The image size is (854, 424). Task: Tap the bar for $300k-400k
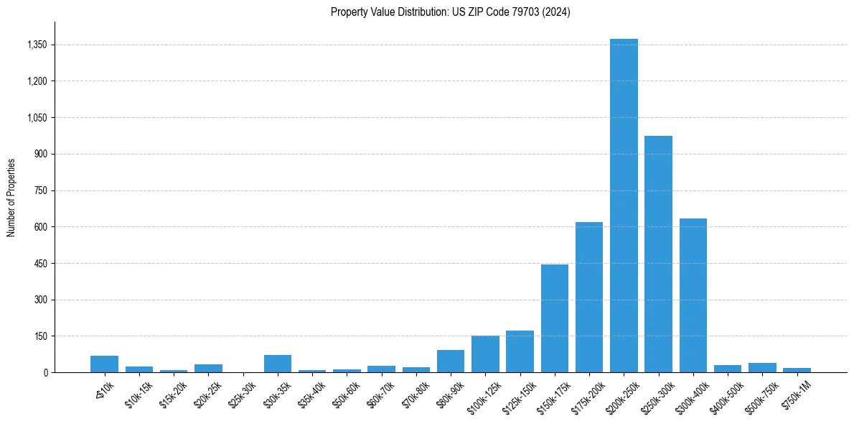(x=693, y=295)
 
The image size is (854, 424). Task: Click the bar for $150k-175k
(x=555, y=318)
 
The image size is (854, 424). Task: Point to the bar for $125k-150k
(x=520, y=351)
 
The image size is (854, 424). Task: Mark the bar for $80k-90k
(x=451, y=361)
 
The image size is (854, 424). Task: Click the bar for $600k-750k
(x=762, y=368)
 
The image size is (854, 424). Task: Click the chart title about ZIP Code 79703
(x=451, y=12)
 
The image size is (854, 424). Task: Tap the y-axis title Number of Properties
(x=11, y=197)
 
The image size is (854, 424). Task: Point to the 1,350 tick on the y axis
(x=37, y=45)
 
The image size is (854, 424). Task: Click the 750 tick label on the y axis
(x=40, y=190)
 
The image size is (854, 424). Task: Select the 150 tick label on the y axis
(x=40, y=336)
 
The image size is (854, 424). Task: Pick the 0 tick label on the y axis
(x=44, y=372)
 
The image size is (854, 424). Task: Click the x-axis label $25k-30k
(x=242, y=392)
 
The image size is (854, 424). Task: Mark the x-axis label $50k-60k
(x=346, y=392)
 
